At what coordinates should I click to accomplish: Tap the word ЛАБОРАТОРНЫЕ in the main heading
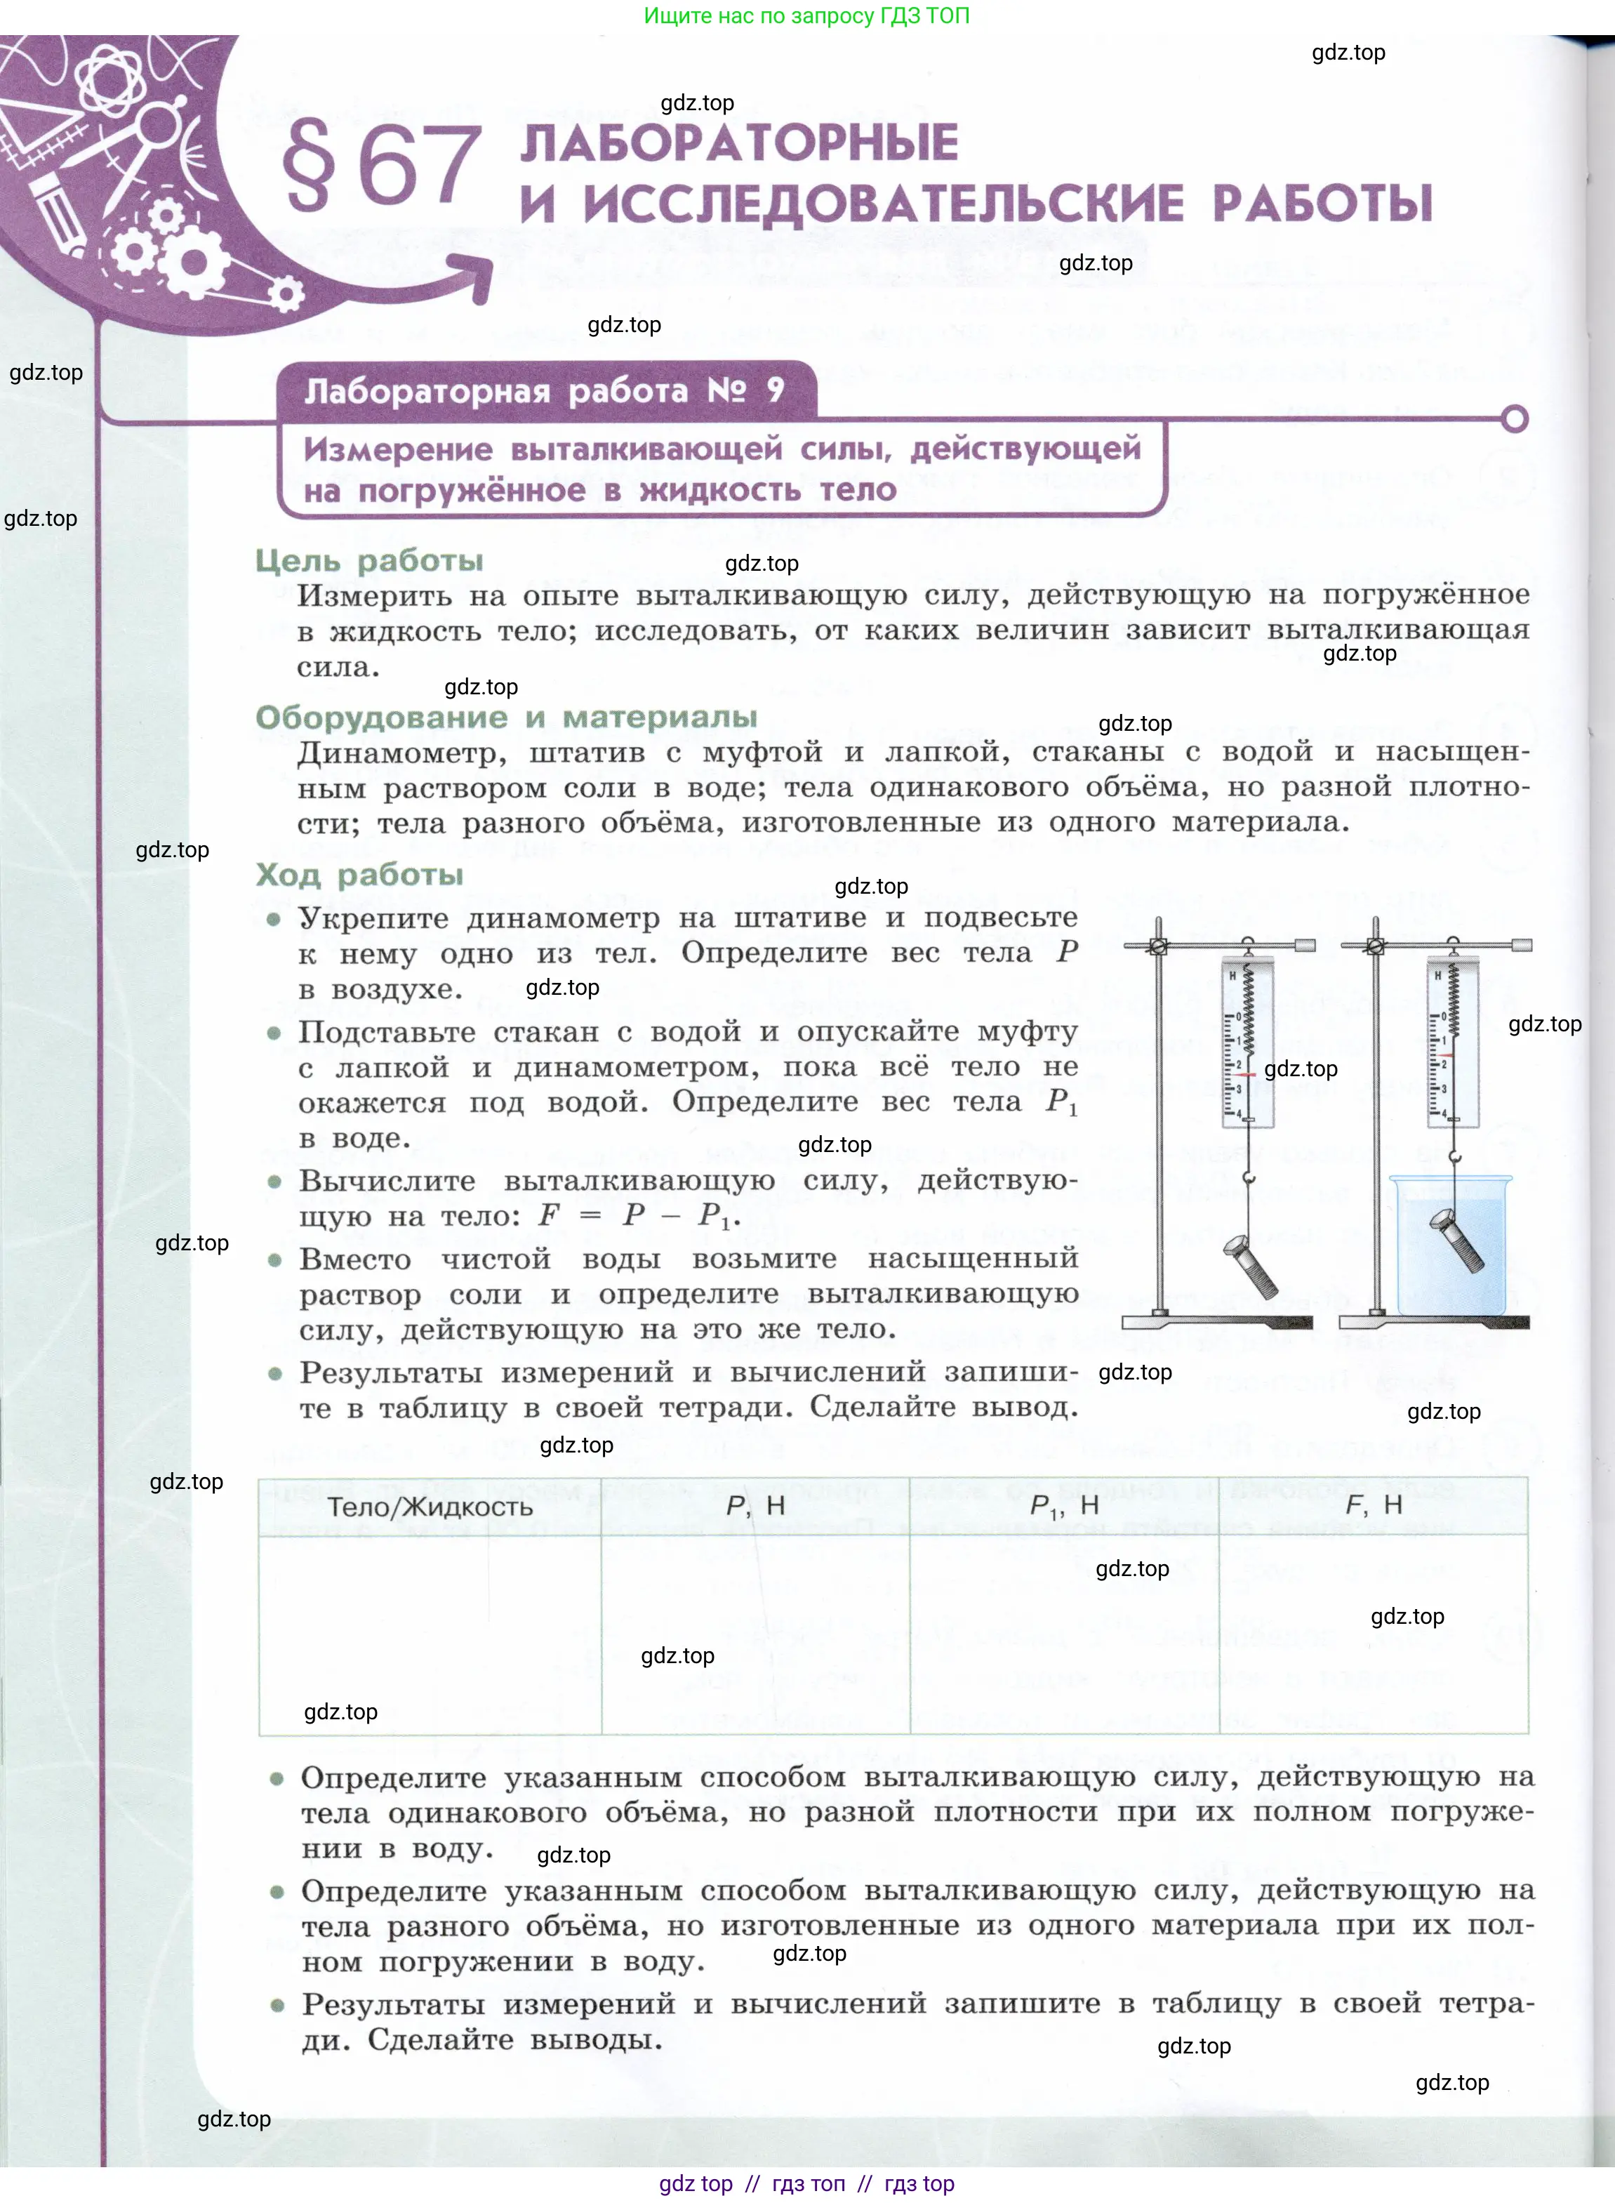click(x=739, y=143)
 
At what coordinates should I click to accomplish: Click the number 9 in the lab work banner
click(x=776, y=390)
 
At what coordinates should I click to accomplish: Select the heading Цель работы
click(x=369, y=561)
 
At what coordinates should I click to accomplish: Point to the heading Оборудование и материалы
click(x=507, y=717)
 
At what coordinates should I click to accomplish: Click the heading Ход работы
click(x=360, y=874)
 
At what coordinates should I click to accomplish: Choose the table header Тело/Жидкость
click(x=430, y=1507)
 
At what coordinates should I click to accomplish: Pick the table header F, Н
click(x=1374, y=1506)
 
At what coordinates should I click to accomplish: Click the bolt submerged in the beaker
click(x=1456, y=1240)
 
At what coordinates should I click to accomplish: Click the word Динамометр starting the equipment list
click(x=401, y=752)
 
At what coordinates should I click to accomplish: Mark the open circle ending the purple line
click(x=1515, y=420)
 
